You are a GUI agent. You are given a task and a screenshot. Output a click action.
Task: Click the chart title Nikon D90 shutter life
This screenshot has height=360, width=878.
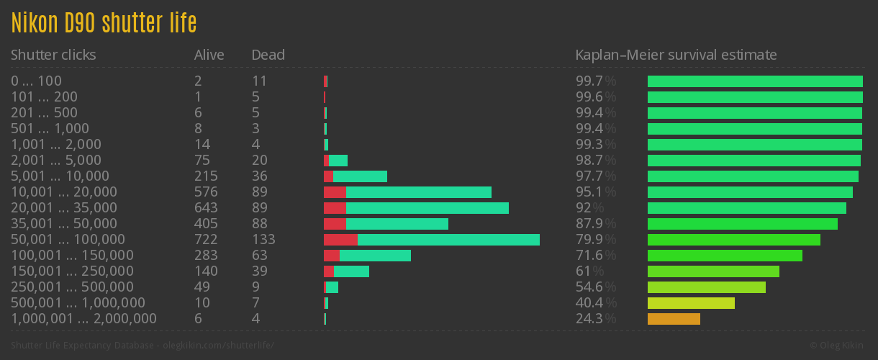click(x=104, y=23)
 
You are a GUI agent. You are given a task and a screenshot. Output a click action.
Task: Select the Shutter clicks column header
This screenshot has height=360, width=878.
click(x=53, y=55)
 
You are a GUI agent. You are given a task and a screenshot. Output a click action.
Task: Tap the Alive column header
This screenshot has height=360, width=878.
click(x=209, y=55)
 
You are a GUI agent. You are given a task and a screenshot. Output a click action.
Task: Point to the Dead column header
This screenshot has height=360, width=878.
click(x=268, y=55)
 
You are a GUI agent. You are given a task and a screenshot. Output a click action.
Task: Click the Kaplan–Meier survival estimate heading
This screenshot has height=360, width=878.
click(x=676, y=55)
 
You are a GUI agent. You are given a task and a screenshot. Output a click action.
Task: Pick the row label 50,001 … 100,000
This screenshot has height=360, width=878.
click(x=68, y=240)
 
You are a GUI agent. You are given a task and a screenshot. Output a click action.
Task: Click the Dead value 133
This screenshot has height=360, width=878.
click(x=263, y=240)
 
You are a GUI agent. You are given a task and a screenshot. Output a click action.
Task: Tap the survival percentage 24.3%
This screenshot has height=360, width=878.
click(x=595, y=319)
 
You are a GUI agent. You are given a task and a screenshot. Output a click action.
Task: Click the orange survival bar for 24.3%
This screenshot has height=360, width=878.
click(x=674, y=319)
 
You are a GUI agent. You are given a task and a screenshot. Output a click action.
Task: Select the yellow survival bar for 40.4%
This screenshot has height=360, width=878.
click(x=691, y=303)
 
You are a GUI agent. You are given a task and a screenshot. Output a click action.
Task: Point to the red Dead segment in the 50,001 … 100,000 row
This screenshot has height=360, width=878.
click(x=340, y=240)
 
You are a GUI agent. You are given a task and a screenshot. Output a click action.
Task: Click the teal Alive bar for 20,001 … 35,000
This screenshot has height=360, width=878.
click(x=427, y=208)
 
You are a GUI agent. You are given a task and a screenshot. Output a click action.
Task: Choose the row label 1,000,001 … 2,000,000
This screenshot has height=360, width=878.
click(x=83, y=319)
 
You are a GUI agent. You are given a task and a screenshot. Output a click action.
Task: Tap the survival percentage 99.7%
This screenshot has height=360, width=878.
click(x=595, y=81)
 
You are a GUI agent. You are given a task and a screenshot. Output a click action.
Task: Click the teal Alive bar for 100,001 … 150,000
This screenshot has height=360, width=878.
click(x=375, y=256)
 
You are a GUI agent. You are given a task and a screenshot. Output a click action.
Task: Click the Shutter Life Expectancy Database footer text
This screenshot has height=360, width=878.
click(x=142, y=346)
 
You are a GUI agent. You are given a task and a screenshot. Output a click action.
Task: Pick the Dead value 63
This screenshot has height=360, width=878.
click(x=260, y=256)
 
